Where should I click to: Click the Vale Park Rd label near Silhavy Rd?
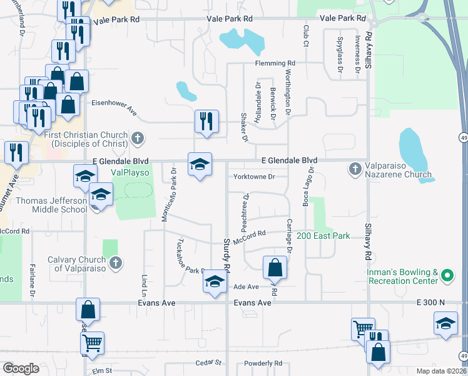click(x=343, y=19)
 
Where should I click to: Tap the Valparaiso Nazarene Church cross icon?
click(x=355, y=168)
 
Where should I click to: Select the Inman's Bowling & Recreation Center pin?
click(x=446, y=275)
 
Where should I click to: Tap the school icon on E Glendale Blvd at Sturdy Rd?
click(x=200, y=164)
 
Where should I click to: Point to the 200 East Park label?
click(x=328, y=236)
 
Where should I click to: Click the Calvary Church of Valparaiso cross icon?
click(x=114, y=264)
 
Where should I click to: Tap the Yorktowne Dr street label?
click(x=254, y=177)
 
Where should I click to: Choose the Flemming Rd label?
click(x=275, y=63)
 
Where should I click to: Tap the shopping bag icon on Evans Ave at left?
click(x=88, y=309)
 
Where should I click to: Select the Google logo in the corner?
click(x=21, y=368)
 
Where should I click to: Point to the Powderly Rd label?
click(x=265, y=363)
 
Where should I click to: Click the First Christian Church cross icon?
click(x=138, y=137)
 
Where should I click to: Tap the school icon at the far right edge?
click(x=445, y=323)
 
